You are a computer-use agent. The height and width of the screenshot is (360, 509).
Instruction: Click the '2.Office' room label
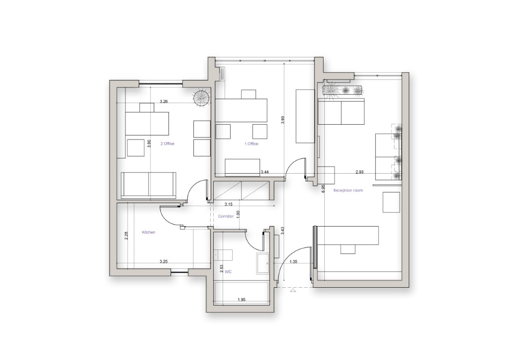(x=167, y=144)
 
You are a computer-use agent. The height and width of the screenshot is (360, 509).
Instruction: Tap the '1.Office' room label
(x=251, y=144)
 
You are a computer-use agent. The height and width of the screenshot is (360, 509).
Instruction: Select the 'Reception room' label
(x=348, y=190)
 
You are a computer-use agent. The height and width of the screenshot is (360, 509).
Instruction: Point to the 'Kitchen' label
(x=149, y=232)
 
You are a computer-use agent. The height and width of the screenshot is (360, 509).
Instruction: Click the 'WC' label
(x=228, y=272)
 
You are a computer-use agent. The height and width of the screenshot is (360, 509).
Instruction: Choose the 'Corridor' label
(x=225, y=216)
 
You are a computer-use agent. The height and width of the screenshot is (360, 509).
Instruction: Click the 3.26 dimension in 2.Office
(x=164, y=101)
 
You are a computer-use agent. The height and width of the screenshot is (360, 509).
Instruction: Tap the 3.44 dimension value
(x=265, y=172)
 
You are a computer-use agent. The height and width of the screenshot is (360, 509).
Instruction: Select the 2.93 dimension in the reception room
(x=359, y=172)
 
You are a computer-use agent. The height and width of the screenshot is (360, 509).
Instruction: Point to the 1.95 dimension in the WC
(x=241, y=300)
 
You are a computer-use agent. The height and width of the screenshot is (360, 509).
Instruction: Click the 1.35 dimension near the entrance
(x=294, y=261)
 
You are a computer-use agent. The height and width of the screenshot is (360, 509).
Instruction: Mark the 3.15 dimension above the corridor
(x=229, y=204)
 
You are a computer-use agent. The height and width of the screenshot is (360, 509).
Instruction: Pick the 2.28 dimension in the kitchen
(x=126, y=235)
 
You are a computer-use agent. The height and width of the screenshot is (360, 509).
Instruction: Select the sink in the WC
(x=262, y=264)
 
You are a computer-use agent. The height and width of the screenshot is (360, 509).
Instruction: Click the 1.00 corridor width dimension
(x=238, y=214)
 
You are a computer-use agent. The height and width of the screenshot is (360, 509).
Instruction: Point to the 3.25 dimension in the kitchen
(x=163, y=261)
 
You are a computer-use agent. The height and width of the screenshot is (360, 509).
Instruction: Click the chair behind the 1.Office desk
(x=248, y=94)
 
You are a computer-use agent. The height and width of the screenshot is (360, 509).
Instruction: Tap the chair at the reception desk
(x=348, y=248)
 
